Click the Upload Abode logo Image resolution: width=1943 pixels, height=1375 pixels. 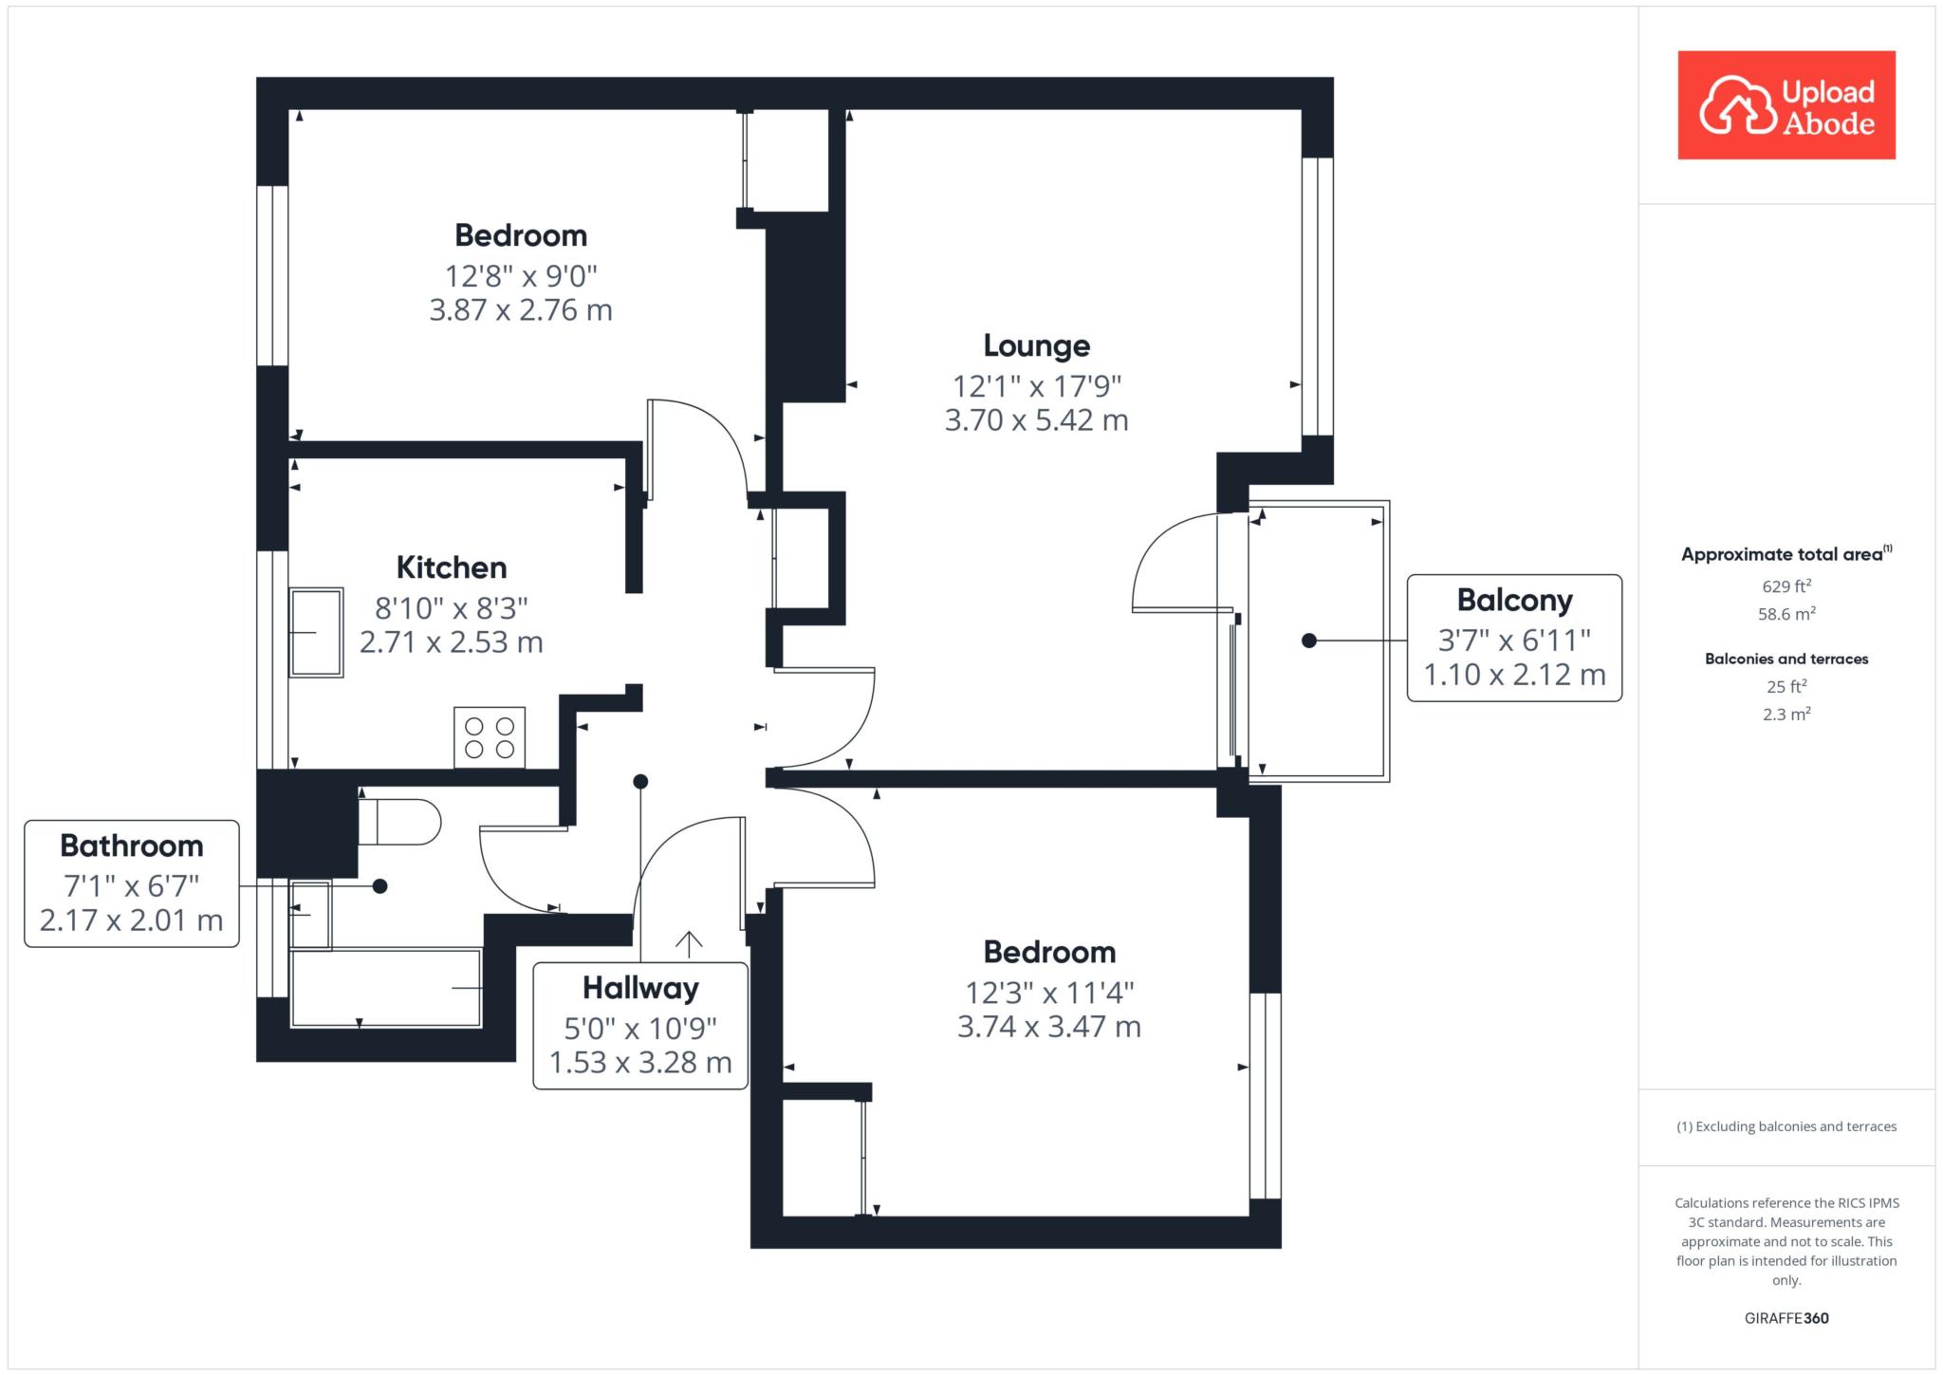(x=1786, y=104)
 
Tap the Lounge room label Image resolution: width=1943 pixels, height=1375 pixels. (x=1036, y=346)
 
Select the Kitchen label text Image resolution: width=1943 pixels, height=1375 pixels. (x=452, y=567)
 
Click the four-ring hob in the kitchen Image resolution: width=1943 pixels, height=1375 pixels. (x=490, y=737)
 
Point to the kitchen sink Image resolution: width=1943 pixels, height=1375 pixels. (x=316, y=632)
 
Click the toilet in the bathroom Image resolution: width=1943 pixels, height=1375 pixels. (x=399, y=822)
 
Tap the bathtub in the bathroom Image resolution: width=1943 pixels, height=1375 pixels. (x=386, y=988)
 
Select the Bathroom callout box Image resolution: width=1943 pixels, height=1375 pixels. (x=132, y=883)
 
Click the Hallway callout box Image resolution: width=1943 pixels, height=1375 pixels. (x=640, y=1026)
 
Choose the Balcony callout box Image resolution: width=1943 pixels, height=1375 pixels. (x=1514, y=638)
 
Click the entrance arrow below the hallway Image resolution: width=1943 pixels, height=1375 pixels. (x=689, y=941)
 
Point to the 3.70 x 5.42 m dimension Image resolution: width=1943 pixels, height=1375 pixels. (x=1036, y=420)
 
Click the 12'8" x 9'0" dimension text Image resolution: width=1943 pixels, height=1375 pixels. (x=521, y=276)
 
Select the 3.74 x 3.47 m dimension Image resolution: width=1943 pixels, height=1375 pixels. (x=1048, y=1027)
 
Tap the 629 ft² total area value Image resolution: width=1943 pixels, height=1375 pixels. (x=1786, y=586)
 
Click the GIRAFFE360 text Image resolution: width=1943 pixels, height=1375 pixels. (x=1786, y=1318)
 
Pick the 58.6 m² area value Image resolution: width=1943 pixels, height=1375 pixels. (x=1786, y=614)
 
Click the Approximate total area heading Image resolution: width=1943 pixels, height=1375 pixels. (x=1786, y=554)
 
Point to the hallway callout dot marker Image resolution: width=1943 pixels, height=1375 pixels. (x=640, y=782)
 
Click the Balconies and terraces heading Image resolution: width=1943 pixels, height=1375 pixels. (x=1786, y=659)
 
